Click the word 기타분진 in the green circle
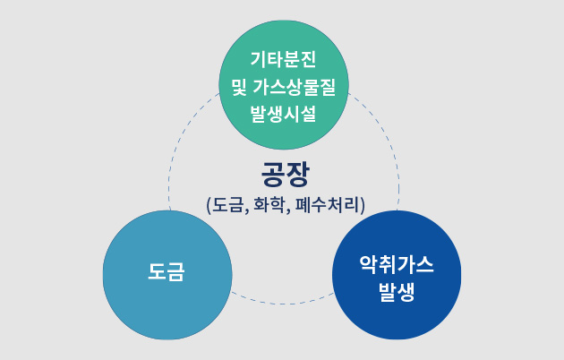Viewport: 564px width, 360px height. point(283,59)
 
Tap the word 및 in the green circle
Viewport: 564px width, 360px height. point(239,87)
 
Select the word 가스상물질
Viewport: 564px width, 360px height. point(294,87)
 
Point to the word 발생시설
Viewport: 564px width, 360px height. point(283,114)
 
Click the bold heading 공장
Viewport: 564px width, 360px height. point(285,174)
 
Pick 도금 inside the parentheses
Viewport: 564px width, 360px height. point(227,205)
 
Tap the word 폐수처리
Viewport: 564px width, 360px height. point(328,205)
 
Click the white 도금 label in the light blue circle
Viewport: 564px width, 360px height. point(167,271)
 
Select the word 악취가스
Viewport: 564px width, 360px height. point(397,264)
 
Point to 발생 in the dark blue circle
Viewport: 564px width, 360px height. point(397,292)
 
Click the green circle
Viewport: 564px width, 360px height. point(284,85)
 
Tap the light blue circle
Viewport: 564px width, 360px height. point(167,275)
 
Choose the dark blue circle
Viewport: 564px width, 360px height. point(397,275)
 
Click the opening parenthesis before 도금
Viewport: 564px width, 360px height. point(209,205)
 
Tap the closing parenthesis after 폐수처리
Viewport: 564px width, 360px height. point(363,205)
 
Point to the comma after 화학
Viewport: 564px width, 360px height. point(289,210)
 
